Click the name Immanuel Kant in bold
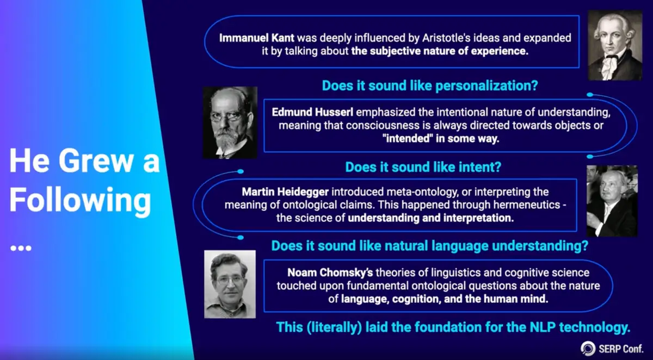[x=256, y=38]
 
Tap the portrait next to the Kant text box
[x=615, y=45]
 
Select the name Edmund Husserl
[x=312, y=112]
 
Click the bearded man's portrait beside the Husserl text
[x=230, y=122]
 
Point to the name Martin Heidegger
[x=285, y=192]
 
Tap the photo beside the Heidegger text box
[x=612, y=201]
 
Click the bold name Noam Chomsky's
[x=330, y=272]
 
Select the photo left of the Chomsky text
[x=230, y=284]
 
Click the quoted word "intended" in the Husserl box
[x=408, y=138]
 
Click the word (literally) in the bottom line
[x=334, y=327]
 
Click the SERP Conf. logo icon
[x=588, y=349]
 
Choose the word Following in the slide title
[x=81, y=200]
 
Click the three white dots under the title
[x=21, y=248]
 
